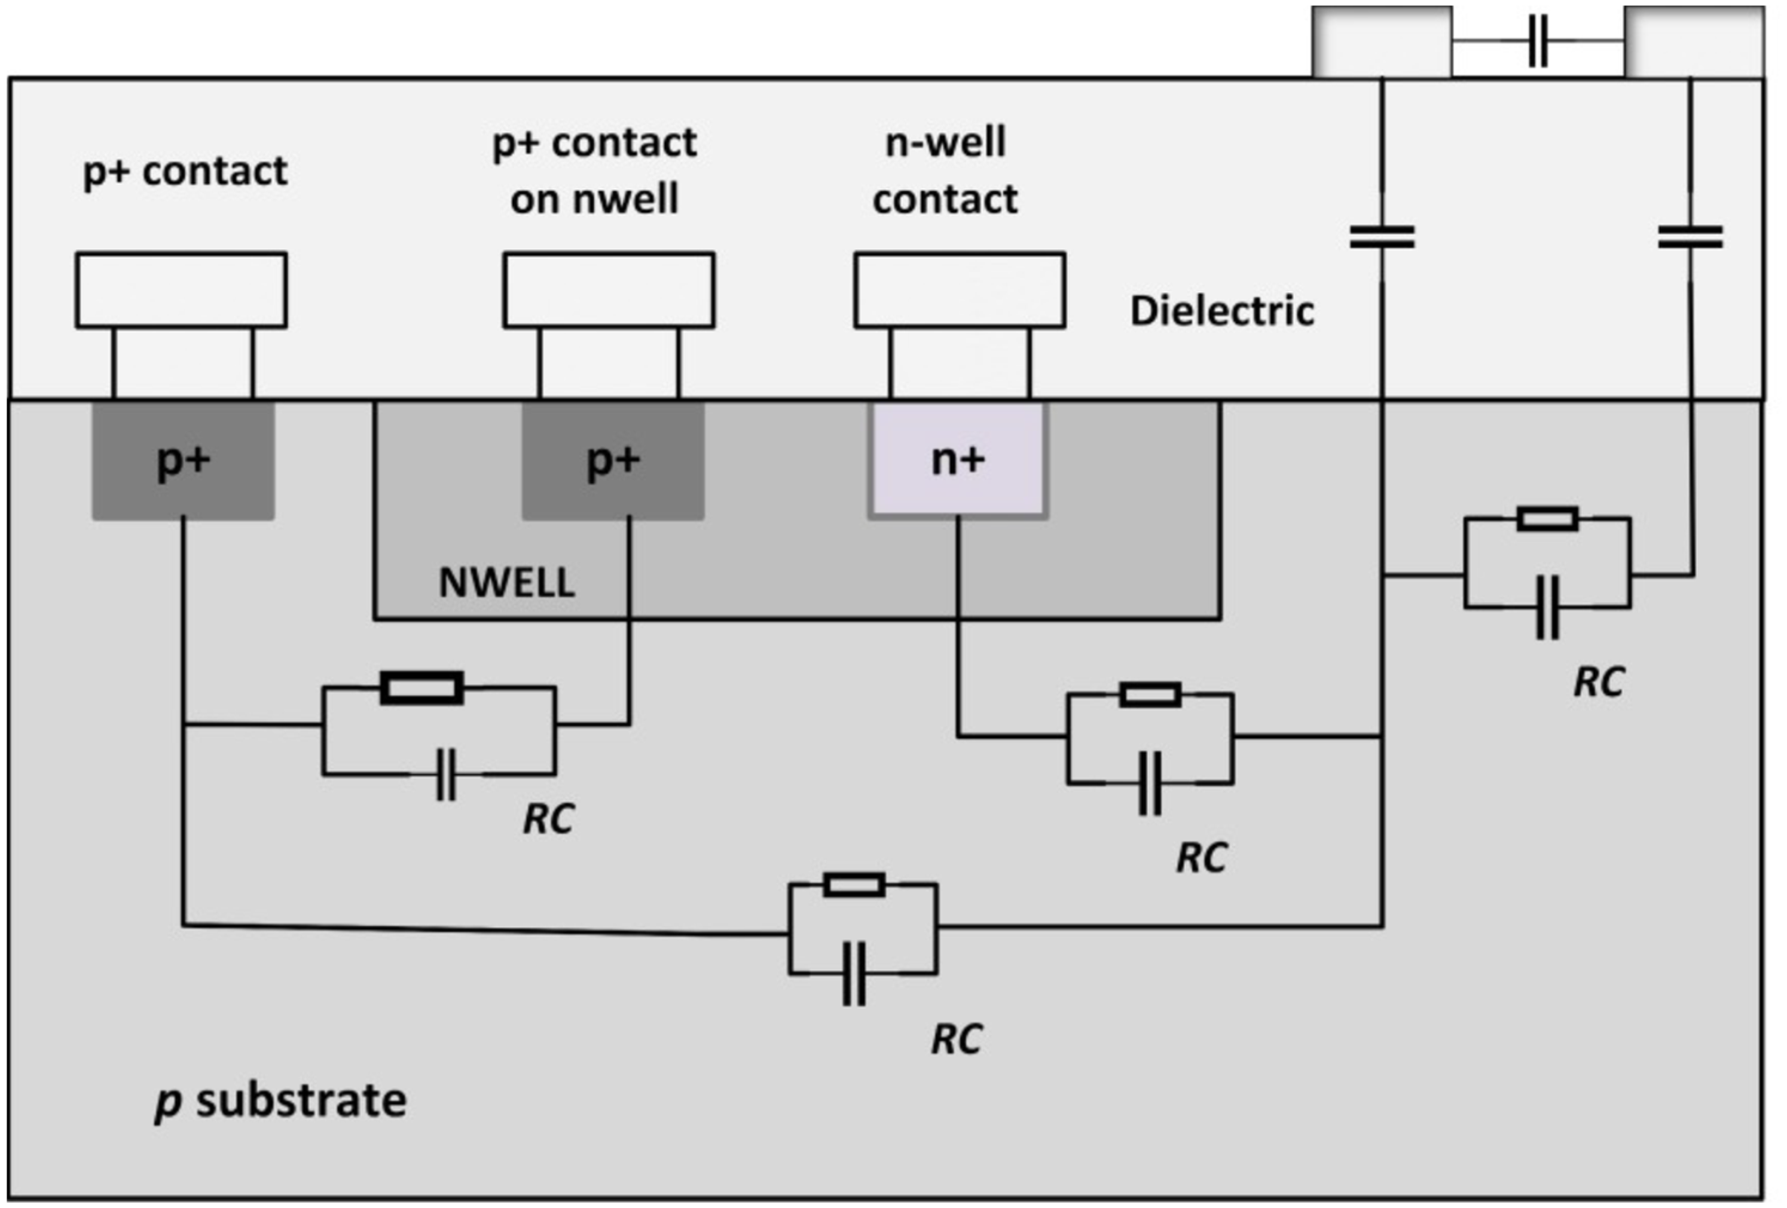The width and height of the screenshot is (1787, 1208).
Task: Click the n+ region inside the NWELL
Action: (x=958, y=460)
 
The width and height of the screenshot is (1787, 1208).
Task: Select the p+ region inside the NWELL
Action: (x=613, y=460)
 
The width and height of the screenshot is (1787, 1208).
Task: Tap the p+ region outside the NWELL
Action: (x=183, y=460)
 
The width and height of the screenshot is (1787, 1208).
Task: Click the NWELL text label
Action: (x=507, y=583)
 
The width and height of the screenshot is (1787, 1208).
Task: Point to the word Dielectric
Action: (x=1222, y=311)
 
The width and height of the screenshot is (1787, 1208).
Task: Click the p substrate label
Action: (x=280, y=1101)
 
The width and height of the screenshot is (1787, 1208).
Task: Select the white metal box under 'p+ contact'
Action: (x=182, y=290)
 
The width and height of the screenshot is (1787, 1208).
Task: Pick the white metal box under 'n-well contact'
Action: (x=960, y=290)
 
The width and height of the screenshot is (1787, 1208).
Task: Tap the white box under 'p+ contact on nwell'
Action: (x=609, y=290)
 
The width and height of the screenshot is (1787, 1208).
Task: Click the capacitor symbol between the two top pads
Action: (x=1538, y=41)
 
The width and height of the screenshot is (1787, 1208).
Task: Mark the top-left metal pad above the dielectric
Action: (x=1382, y=41)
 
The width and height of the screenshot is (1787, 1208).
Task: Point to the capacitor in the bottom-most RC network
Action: (x=854, y=974)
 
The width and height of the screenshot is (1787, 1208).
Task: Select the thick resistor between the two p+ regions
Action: (x=422, y=688)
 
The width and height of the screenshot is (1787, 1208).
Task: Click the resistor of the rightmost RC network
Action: (x=1548, y=519)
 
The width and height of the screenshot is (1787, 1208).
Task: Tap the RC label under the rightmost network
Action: (x=1599, y=682)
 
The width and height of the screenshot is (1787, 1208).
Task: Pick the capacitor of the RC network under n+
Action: (x=1150, y=784)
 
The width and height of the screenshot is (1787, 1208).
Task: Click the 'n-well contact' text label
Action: (x=945, y=171)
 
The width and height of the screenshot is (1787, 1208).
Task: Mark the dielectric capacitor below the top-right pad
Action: (x=1690, y=237)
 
